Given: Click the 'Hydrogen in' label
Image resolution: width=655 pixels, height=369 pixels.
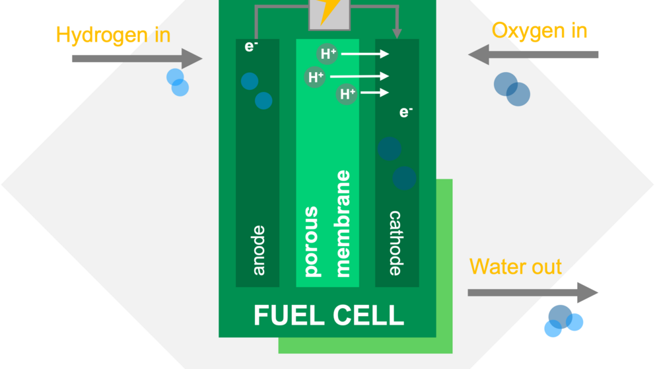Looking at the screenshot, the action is [113, 35].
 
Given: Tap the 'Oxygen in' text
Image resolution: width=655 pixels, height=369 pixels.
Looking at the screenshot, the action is [539, 31].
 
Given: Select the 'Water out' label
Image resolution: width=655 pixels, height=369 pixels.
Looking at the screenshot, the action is [516, 266].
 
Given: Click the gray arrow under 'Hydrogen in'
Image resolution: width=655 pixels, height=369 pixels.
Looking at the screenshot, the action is [137, 59].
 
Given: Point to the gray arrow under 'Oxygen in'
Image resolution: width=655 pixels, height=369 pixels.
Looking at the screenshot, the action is [533, 54].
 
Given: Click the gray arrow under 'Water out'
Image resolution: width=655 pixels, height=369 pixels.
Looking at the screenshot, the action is [533, 292].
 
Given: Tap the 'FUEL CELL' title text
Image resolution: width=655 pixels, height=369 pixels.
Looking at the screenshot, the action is [329, 315].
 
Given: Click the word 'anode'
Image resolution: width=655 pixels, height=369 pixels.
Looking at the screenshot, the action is [259, 250].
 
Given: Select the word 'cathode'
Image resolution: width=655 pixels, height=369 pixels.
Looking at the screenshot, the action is [396, 243].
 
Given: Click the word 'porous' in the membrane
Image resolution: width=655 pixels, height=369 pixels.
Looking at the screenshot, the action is [312, 241].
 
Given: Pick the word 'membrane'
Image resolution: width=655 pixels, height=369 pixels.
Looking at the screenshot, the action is [343, 224].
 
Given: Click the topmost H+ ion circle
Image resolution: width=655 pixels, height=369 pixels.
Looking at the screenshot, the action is [327, 54].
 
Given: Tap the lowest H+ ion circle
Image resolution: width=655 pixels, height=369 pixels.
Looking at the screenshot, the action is [346, 93].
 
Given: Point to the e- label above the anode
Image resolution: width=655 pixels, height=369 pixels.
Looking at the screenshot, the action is [251, 46].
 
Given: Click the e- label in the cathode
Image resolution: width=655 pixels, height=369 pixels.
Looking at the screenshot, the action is [406, 112].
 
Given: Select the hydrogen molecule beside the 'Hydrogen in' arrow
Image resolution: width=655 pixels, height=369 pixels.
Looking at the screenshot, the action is [178, 83].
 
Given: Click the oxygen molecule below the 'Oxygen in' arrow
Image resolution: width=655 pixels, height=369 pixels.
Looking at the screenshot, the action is [512, 89].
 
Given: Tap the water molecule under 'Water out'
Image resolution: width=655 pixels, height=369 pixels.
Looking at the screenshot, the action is [563, 321].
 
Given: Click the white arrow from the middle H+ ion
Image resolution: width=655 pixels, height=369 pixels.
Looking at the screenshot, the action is [359, 76].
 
